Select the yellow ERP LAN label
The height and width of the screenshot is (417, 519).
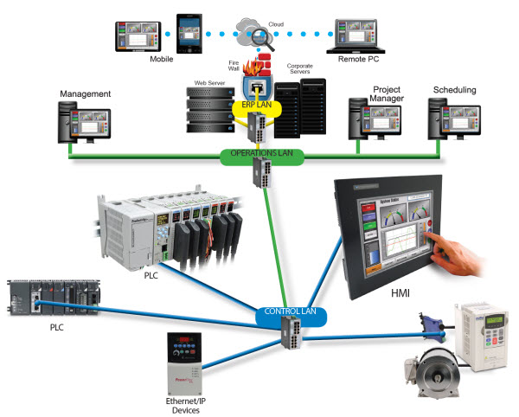pyautogui.click(x=256, y=103)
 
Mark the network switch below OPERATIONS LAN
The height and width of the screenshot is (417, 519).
pyautogui.click(x=260, y=176)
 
